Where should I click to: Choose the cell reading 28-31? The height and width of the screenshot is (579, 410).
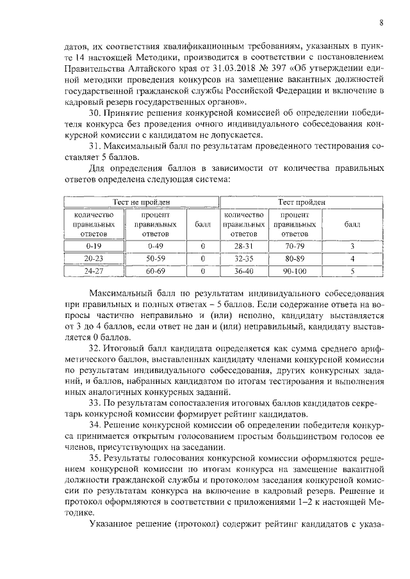click(245, 245)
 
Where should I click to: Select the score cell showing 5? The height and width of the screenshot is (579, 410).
click(352, 271)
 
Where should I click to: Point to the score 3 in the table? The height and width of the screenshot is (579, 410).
click(352, 245)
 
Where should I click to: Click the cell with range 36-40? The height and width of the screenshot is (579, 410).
click(245, 271)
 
